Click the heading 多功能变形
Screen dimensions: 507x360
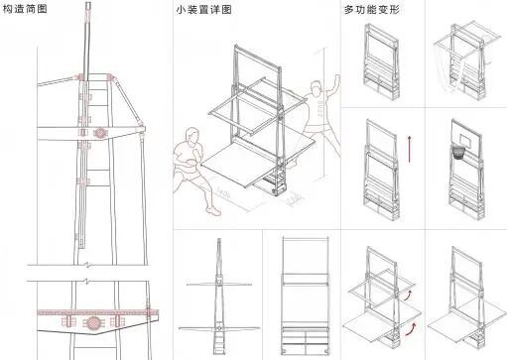[369, 10]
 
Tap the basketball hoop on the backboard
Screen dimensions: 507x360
[459, 153]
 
